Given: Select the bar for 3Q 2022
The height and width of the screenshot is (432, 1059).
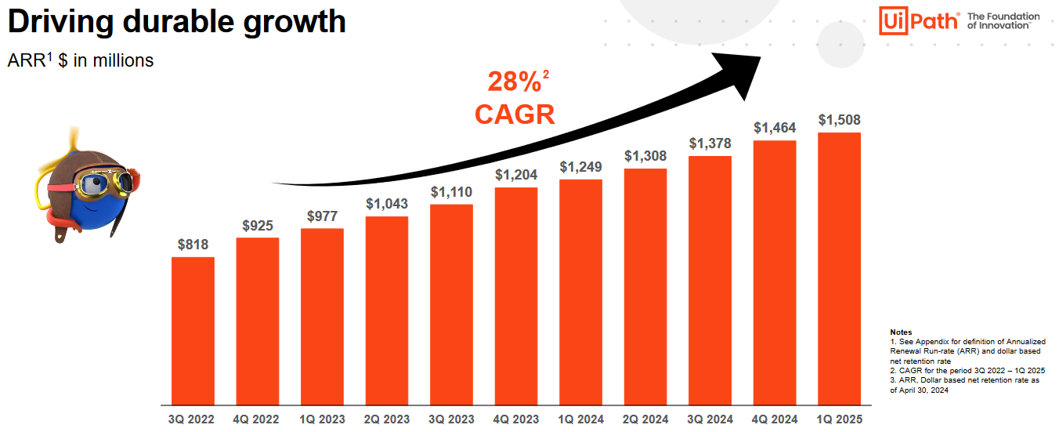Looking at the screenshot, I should coord(193,330).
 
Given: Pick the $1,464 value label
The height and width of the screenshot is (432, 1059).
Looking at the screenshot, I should coord(775,127).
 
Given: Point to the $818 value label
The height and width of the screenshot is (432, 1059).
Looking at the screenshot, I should coord(193,245).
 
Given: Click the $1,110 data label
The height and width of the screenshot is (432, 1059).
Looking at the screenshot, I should coord(451,192).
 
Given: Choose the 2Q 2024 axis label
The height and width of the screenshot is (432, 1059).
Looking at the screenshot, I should coord(645,419).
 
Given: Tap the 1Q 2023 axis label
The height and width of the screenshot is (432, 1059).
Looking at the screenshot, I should coord(322,419).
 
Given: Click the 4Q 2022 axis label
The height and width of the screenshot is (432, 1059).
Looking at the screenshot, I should coord(257,419).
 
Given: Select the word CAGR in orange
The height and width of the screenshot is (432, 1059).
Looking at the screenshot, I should coord(515,114).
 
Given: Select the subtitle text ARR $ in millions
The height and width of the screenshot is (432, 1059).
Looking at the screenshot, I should coord(80,60).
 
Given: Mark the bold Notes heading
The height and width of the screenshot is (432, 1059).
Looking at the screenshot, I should coord(901,332).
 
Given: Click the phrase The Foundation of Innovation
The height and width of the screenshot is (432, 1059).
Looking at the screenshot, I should coord(1003,20).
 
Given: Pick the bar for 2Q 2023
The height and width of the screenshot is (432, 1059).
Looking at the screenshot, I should coord(387,310).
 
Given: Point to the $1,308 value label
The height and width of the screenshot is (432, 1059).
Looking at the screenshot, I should coord(645,156).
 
